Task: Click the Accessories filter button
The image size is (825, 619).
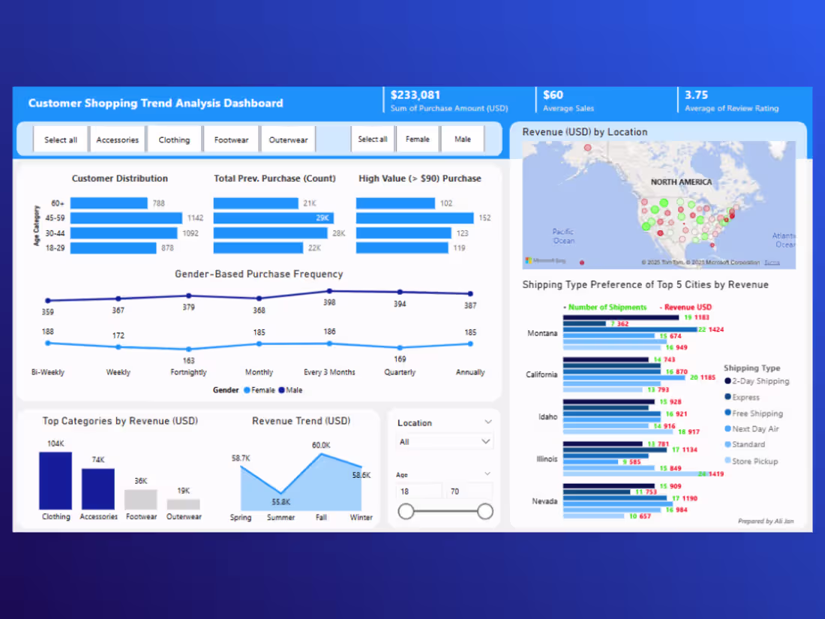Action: pos(118,140)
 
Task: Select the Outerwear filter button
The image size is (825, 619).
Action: pos(288,140)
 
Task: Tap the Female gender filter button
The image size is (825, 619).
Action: pos(418,139)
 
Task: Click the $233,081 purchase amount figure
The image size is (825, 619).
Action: pos(415,95)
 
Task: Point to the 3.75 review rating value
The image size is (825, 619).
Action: pos(696,95)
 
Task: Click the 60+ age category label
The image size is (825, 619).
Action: pos(58,203)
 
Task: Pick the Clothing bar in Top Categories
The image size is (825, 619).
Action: pos(55,481)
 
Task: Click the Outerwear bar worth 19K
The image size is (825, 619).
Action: pos(183,504)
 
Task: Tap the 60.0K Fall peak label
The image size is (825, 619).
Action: pos(321,446)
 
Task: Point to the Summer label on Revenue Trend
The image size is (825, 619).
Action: pos(281,517)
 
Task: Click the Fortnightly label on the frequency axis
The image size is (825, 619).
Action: pos(188,372)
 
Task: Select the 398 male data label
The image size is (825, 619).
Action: pos(328,302)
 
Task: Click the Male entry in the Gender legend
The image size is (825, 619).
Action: pos(292,390)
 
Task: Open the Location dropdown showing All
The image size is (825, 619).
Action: pos(444,442)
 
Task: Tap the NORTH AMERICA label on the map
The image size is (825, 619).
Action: pos(681,182)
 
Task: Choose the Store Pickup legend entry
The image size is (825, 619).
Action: pos(754,461)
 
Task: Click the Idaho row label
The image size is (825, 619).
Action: pos(547,416)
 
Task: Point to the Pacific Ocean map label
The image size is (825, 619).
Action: pos(563,236)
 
